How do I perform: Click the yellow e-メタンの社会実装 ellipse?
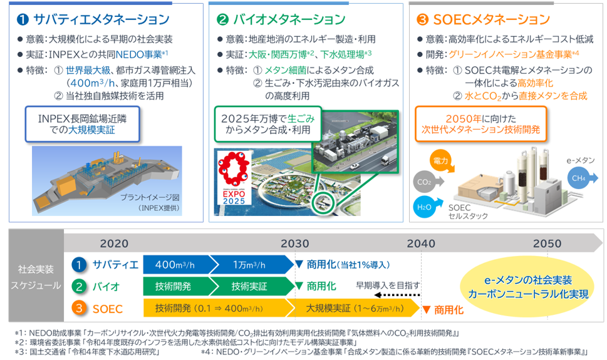(x=527, y=286)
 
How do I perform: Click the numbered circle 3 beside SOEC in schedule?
(x=78, y=308)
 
